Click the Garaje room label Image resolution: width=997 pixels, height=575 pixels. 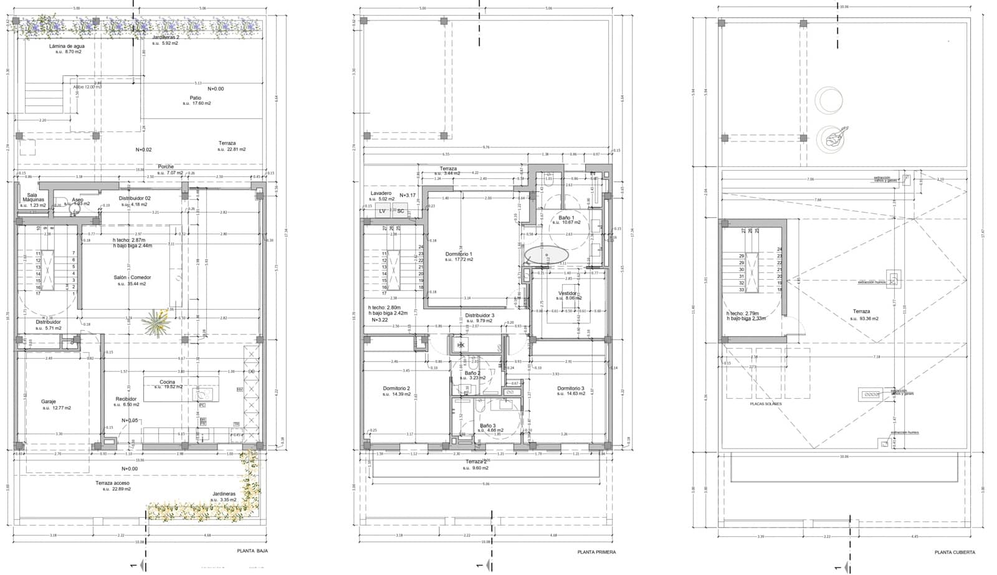coord(49,402)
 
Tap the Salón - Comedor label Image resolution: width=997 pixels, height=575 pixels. coord(131,277)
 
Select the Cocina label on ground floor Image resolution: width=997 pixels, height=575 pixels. coord(167,382)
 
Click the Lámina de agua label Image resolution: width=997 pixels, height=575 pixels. coord(67,46)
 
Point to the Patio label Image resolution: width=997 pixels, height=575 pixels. coord(196,98)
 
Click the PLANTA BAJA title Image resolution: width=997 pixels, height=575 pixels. coord(252,551)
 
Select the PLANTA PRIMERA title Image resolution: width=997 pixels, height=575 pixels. coord(596,552)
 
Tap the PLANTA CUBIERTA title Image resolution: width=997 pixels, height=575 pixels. coord(955,552)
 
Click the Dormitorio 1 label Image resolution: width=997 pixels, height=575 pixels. coord(459,254)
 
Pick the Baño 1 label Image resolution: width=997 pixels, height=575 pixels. coord(566,217)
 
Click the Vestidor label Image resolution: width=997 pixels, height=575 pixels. coord(567,293)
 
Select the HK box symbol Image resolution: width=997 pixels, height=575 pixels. coord(461,345)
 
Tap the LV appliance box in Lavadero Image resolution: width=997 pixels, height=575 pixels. coord(383,211)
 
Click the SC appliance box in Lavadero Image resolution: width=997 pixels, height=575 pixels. coord(401,211)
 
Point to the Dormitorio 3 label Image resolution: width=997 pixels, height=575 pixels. coord(570,389)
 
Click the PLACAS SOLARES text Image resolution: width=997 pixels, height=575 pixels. coord(766,404)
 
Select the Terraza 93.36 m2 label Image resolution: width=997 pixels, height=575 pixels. coord(862,311)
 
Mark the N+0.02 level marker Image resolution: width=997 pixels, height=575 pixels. coord(143,150)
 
